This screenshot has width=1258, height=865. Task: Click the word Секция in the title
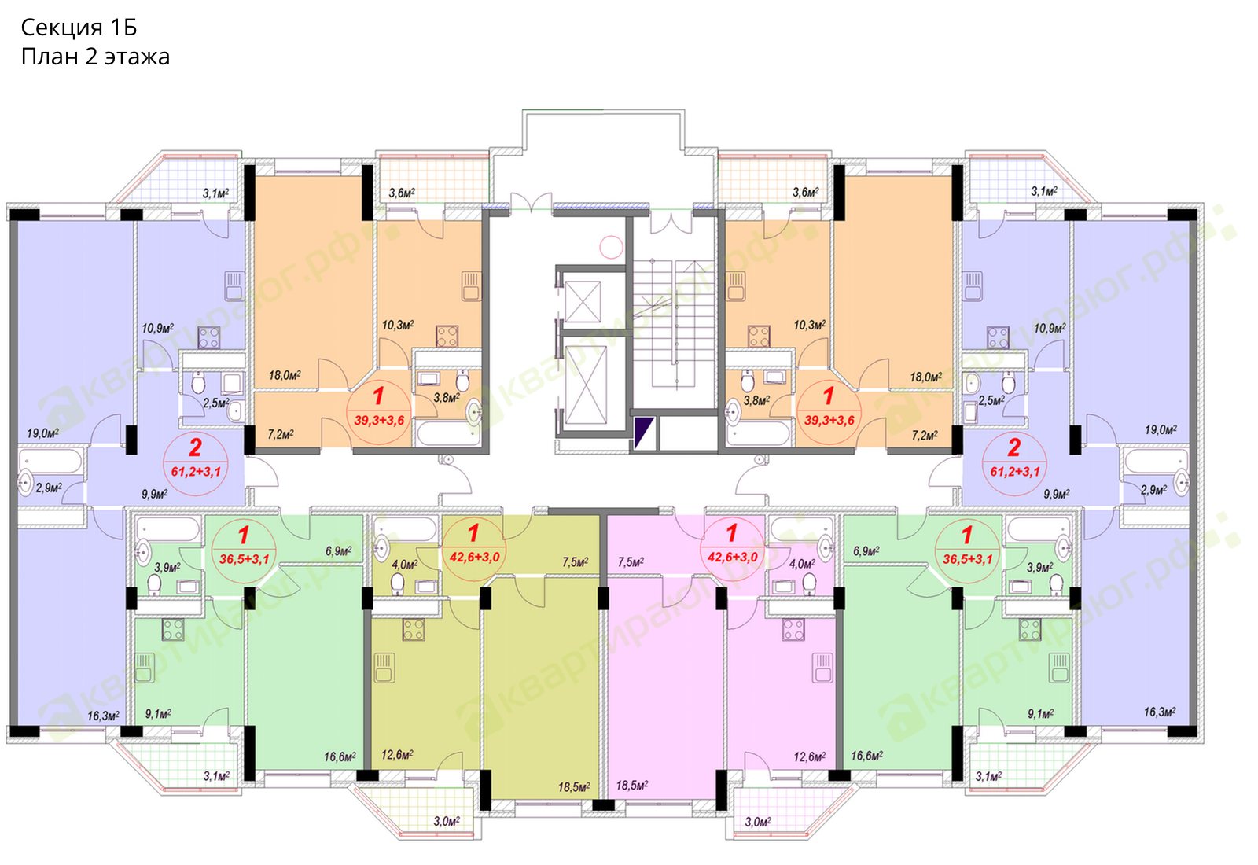coord(62,28)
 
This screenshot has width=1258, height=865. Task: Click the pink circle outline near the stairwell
coord(611,247)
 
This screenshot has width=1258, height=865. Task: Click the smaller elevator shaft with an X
coord(583,302)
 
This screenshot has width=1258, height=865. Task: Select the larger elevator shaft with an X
coord(586,385)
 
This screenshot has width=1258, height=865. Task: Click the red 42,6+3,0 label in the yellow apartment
coord(475,557)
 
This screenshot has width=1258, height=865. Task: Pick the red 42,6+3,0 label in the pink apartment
coord(732,557)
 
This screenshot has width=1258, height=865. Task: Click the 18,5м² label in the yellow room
coord(573,787)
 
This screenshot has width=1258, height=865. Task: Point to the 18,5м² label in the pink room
coord(632,786)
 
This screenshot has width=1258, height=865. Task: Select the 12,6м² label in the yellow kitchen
coord(397,754)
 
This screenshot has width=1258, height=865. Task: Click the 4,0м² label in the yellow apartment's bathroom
coord(405,564)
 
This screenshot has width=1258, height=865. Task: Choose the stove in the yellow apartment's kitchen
coord(414,629)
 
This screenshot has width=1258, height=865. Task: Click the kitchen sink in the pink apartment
coord(822,668)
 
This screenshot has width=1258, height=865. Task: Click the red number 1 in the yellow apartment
coord(473,532)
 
